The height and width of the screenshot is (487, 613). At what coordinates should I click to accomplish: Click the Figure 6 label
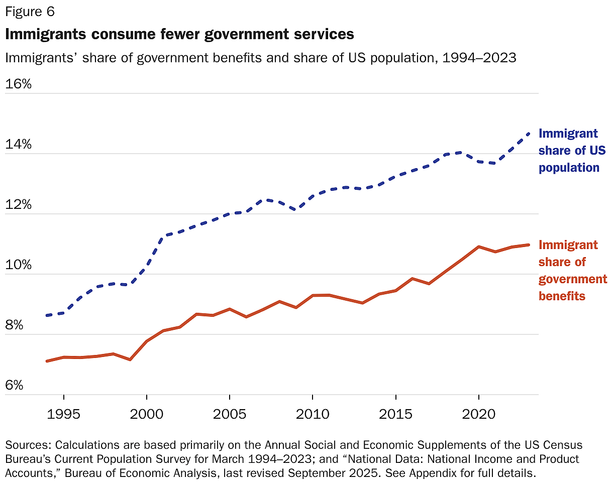(x=30, y=11)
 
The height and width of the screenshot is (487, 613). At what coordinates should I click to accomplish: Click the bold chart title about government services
(x=179, y=34)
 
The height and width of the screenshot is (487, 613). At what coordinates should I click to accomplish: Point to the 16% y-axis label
(x=18, y=84)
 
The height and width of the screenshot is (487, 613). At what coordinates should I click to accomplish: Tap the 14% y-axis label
(x=18, y=145)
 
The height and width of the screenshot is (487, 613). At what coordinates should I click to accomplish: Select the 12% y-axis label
(x=18, y=205)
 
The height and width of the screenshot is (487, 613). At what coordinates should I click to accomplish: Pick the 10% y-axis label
(x=18, y=265)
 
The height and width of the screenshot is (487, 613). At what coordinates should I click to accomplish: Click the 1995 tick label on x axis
(x=63, y=415)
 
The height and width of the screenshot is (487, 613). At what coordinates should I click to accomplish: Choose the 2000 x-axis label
(x=146, y=415)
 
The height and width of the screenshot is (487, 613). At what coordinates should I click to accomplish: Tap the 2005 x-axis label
(x=229, y=415)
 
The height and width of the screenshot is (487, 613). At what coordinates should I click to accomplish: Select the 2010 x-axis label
(x=312, y=415)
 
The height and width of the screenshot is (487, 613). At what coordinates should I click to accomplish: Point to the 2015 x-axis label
(x=395, y=415)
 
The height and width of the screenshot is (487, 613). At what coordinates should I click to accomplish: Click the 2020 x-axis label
(x=478, y=415)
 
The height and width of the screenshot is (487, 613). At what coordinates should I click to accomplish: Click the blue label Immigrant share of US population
(x=572, y=151)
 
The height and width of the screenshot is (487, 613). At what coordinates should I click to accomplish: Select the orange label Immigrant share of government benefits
(x=572, y=270)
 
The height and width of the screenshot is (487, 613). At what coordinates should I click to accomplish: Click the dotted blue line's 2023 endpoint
(x=529, y=133)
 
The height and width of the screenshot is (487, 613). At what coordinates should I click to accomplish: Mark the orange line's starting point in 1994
(x=47, y=361)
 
